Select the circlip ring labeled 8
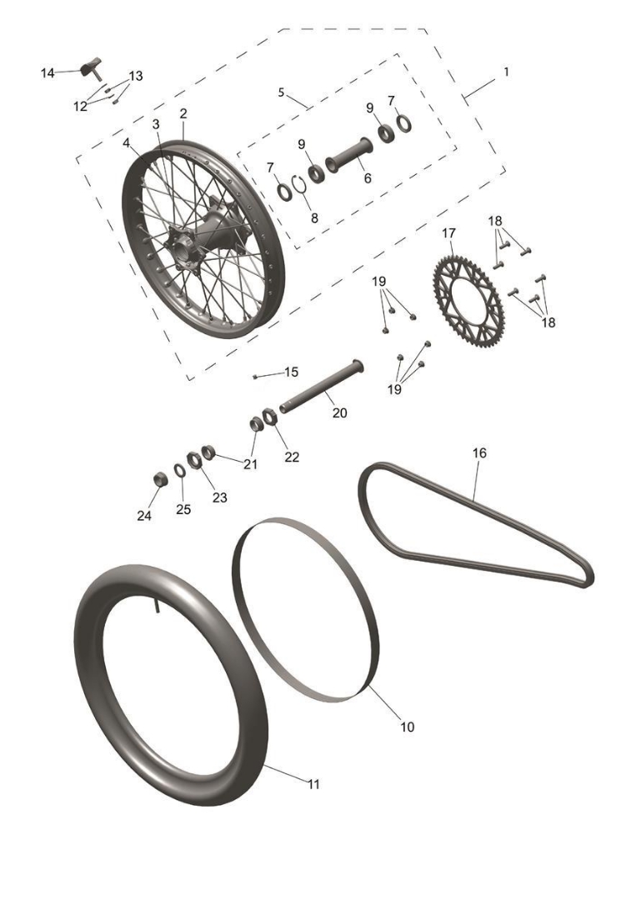(x=298, y=184)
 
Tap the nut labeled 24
(x=161, y=478)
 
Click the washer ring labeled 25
(x=179, y=470)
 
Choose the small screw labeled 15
(x=256, y=377)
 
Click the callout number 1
(x=506, y=72)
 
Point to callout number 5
(x=281, y=92)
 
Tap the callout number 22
(x=293, y=457)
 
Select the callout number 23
(x=220, y=497)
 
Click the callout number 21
(x=250, y=464)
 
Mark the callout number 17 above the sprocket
(x=449, y=233)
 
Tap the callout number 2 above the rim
(x=183, y=113)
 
